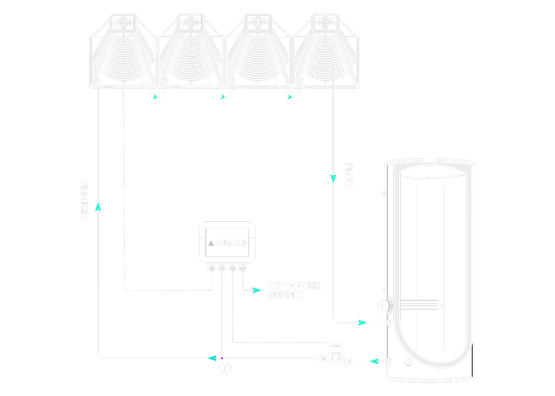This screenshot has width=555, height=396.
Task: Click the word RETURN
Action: point(84,200)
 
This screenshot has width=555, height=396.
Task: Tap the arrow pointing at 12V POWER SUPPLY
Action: point(258,291)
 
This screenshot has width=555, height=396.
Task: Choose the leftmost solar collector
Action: point(123,51)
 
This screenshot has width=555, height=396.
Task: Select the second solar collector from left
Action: point(191,51)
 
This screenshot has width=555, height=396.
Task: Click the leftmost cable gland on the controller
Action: point(211,268)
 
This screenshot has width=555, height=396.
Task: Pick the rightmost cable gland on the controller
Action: point(242,268)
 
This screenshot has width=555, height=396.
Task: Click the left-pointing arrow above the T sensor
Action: point(210,357)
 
